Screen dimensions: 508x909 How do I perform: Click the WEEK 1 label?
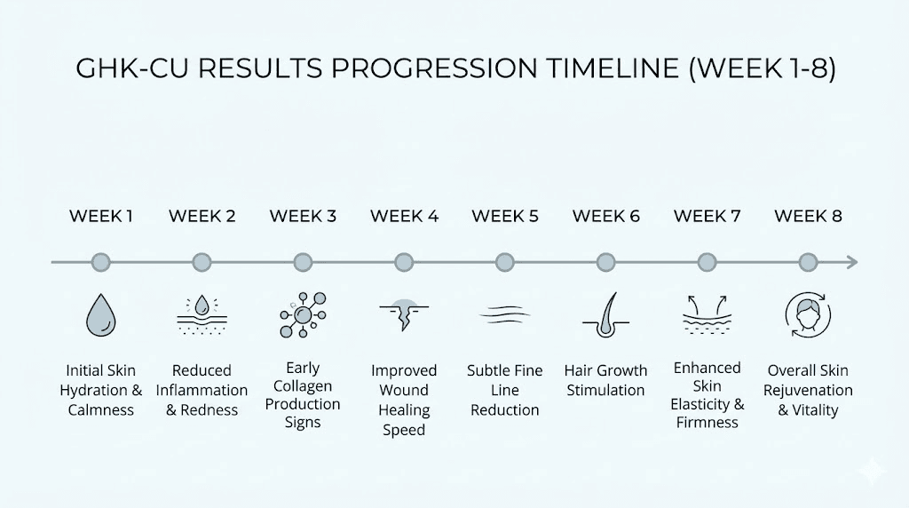click(x=101, y=216)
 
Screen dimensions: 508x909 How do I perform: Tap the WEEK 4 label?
click(x=404, y=216)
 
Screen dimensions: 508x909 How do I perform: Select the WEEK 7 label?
click(x=707, y=216)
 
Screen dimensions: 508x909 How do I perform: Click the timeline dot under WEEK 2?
click(x=202, y=262)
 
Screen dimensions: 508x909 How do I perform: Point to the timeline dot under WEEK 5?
click(x=505, y=262)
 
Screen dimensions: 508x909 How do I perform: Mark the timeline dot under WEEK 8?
click(x=808, y=262)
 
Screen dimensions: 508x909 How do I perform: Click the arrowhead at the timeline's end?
click(x=852, y=262)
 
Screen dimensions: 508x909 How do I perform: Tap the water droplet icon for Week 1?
click(x=101, y=314)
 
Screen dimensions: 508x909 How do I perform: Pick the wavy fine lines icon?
click(x=505, y=315)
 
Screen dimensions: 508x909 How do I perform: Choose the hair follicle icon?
click(x=605, y=314)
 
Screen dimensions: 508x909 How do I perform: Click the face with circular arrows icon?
click(x=808, y=314)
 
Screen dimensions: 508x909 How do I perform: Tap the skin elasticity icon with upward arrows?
click(x=707, y=315)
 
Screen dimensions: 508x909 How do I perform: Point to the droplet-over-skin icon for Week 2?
click(x=202, y=315)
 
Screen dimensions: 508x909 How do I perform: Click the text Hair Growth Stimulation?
click(x=605, y=380)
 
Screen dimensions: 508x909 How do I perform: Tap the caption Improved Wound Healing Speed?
click(x=404, y=400)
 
